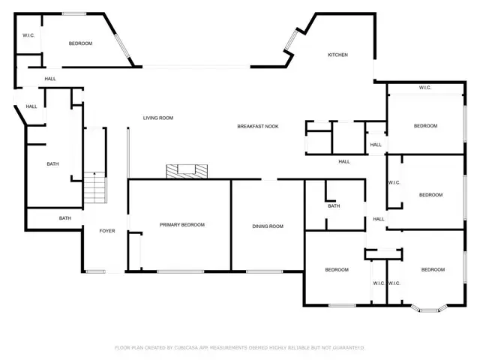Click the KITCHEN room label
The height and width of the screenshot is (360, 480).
click(x=338, y=55)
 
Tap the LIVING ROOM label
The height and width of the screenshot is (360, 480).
click(x=158, y=118)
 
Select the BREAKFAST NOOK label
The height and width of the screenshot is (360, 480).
click(x=258, y=126)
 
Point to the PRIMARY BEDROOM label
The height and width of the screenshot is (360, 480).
click(x=181, y=225)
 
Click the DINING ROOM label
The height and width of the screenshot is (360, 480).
click(x=267, y=226)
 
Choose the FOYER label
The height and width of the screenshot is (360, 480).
click(x=107, y=231)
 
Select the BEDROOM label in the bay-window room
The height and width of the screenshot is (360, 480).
click(x=433, y=269)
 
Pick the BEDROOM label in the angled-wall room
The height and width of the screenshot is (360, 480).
click(x=80, y=43)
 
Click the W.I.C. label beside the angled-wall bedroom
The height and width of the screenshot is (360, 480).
click(x=29, y=34)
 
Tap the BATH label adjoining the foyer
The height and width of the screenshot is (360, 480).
click(x=65, y=218)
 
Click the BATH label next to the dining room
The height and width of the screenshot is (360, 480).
click(x=334, y=206)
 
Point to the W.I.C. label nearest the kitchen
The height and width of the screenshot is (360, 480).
click(x=424, y=88)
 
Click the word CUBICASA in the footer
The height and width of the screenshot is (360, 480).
click(x=188, y=347)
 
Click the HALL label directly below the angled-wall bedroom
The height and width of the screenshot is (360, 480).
click(x=50, y=78)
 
